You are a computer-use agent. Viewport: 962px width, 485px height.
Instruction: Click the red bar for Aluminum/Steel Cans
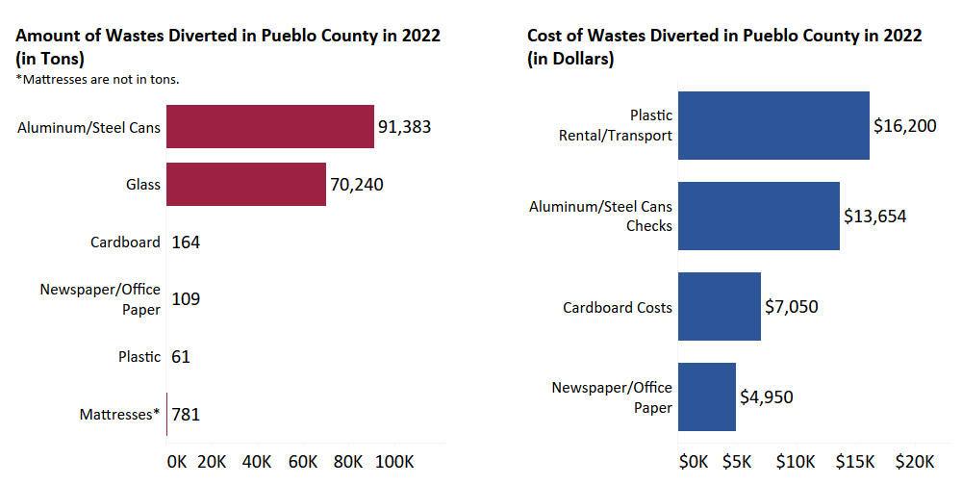(270, 127)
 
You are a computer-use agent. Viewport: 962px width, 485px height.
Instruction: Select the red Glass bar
(246, 184)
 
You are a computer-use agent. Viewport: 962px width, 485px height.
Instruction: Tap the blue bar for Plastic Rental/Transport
(773, 125)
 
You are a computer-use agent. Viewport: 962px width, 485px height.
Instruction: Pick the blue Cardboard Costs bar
(720, 306)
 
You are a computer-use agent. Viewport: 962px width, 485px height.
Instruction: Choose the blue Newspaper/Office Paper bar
(707, 396)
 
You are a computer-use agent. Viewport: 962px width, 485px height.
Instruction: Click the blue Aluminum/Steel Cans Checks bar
(759, 216)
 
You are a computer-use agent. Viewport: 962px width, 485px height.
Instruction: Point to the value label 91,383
(405, 127)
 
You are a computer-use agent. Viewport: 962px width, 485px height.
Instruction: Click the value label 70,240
(357, 184)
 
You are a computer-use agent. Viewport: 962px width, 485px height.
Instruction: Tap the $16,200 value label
(904, 125)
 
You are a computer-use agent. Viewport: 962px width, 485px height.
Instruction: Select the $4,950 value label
(767, 396)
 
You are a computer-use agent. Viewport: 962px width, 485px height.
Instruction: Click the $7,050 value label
(791, 306)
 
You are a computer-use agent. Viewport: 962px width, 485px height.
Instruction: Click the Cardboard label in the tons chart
(125, 242)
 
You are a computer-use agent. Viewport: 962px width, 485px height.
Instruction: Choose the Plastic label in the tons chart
(139, 357)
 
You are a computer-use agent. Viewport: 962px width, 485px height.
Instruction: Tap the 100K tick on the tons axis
(393, 461)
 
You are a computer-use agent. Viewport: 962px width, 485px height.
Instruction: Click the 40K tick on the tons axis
(257, 461)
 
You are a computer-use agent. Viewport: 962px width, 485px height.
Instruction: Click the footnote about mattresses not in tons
(98, 79)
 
